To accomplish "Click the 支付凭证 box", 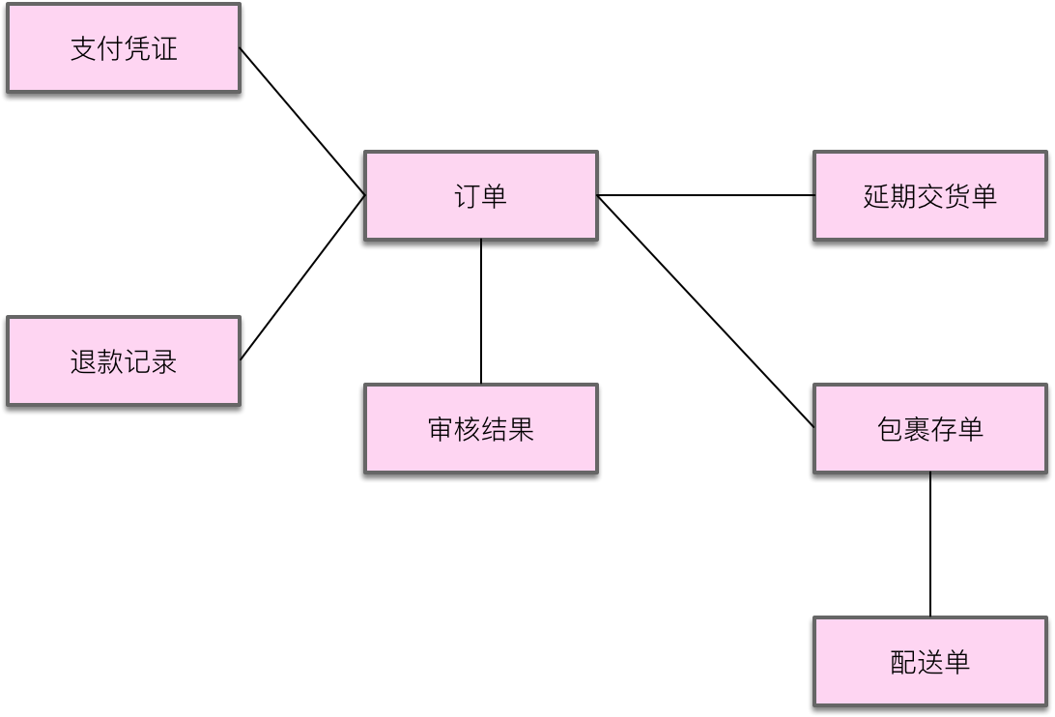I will point(123,48).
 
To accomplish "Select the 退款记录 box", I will point(123,361).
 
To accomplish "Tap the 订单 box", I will point(480,195).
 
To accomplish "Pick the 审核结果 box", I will point(480,428).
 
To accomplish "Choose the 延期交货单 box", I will point(929,195).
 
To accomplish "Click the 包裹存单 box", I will point(929,428).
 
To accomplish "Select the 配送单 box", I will point(929,662).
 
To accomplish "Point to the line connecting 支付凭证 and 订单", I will point(301,122).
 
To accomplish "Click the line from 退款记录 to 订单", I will point(301,278).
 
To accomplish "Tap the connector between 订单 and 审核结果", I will point(481,311).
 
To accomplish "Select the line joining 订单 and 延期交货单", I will point(705,195).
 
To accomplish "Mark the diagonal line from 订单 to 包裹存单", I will point(705,310).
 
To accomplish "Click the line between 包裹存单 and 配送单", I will point(930,545).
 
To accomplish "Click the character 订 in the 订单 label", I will point(467,196).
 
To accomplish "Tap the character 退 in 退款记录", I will point(83,362).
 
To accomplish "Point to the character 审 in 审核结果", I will point(441,429).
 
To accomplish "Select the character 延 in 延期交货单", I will point(876,196).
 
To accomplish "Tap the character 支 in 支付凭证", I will point(83,49).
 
